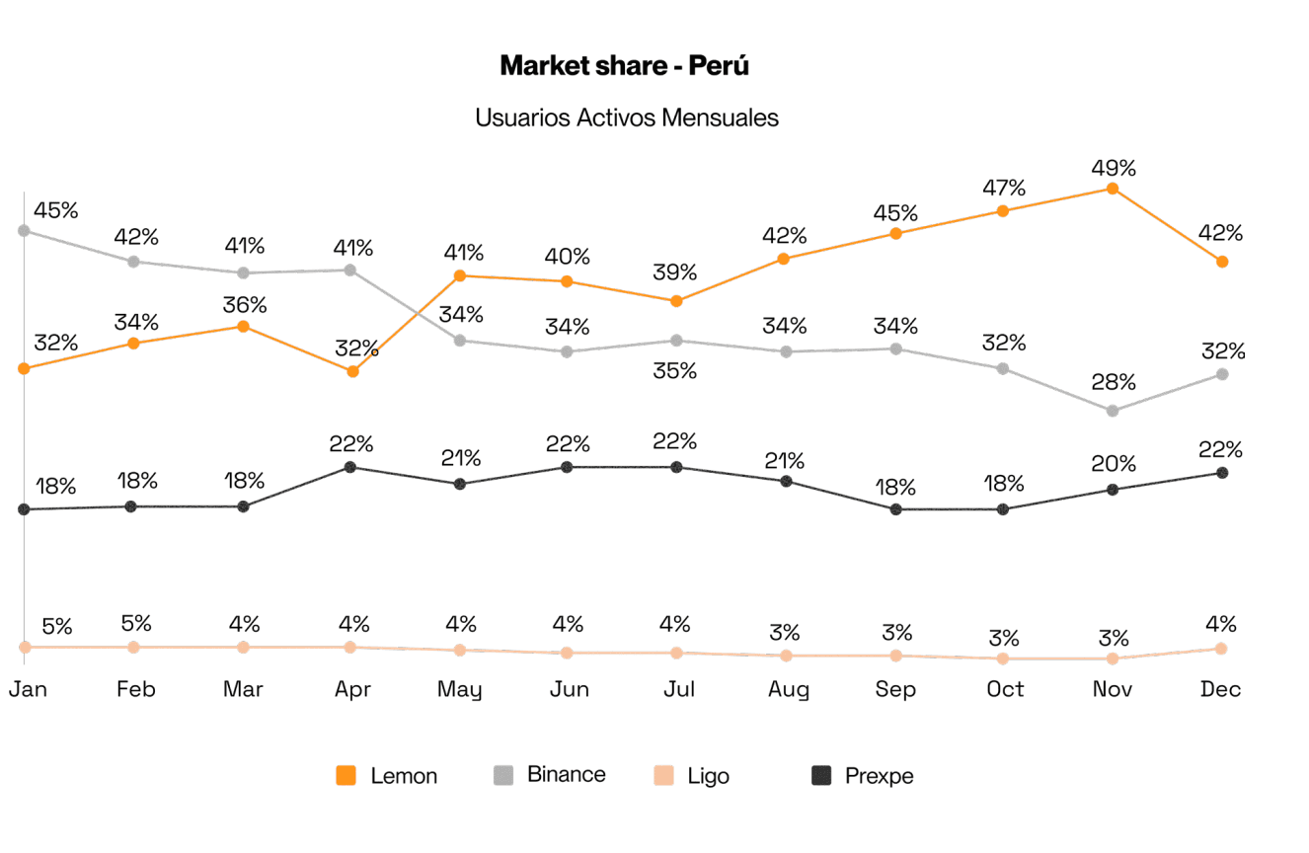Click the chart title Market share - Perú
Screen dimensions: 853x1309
(624, 66)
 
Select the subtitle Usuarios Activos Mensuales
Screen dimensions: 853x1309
(626, 117)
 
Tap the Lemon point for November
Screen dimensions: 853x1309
(1113, 189)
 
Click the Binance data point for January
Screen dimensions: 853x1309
(25, 231)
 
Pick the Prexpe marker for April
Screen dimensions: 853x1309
(350, 467)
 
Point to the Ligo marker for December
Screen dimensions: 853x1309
(1221, 649)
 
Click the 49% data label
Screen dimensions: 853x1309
(1114, 168)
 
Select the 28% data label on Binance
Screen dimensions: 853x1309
(1114, 382)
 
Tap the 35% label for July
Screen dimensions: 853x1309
(677, 370)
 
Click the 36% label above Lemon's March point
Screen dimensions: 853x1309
(244, 305)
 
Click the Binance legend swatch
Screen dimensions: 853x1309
(503, 776)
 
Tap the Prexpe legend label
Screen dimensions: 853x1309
(879, 776)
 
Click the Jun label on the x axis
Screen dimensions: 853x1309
(569, 689)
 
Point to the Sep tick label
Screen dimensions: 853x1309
(895, 689)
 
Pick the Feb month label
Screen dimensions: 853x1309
(135, 689)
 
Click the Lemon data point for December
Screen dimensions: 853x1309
(1222, 262)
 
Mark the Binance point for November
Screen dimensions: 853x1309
(1113, 411)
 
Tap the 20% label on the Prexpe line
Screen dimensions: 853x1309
(1114, 463)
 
